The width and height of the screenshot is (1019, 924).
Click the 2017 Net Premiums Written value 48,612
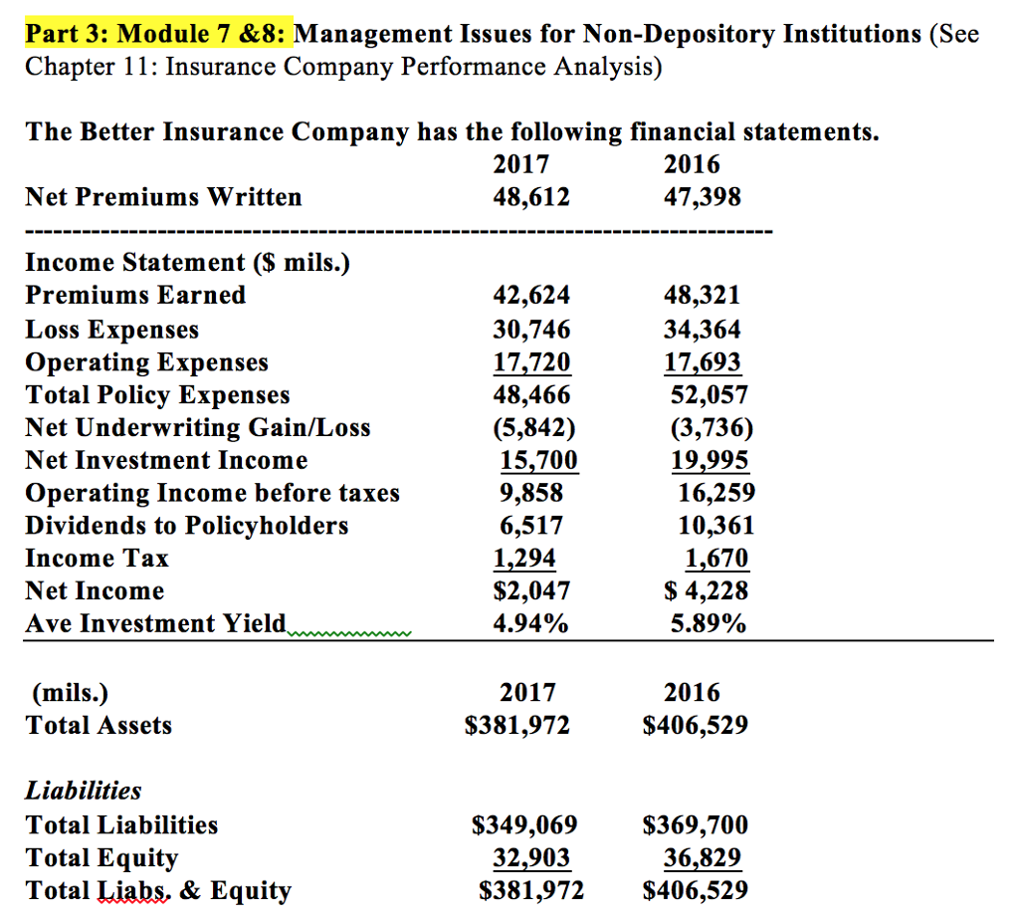[x=531, y=197]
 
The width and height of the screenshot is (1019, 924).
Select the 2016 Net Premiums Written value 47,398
[x=702, y=197]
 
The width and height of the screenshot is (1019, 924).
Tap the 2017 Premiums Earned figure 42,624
[x=531, y=296]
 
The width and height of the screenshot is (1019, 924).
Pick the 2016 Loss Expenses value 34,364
[x=702, y=329]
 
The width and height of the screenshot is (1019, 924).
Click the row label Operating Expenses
[x=146, y=361]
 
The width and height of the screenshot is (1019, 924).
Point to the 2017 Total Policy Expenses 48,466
[x=531, y=394]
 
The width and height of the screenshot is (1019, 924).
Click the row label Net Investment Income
[x=166, y=460]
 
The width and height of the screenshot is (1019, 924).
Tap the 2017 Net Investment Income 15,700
[x=536, y=460]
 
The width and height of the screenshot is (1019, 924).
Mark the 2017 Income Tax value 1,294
[x=524, y=558]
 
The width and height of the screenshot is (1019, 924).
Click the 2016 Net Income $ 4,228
[x=706, y=590]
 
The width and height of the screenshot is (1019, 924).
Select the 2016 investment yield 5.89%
[x=708, y=623]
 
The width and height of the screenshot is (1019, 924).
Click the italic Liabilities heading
[x=84, y=792]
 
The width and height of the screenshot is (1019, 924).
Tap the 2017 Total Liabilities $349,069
[x=523, y=825]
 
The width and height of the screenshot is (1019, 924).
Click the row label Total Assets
[x=99, y=726]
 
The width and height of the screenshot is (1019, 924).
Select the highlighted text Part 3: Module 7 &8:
[x=157, y=34]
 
